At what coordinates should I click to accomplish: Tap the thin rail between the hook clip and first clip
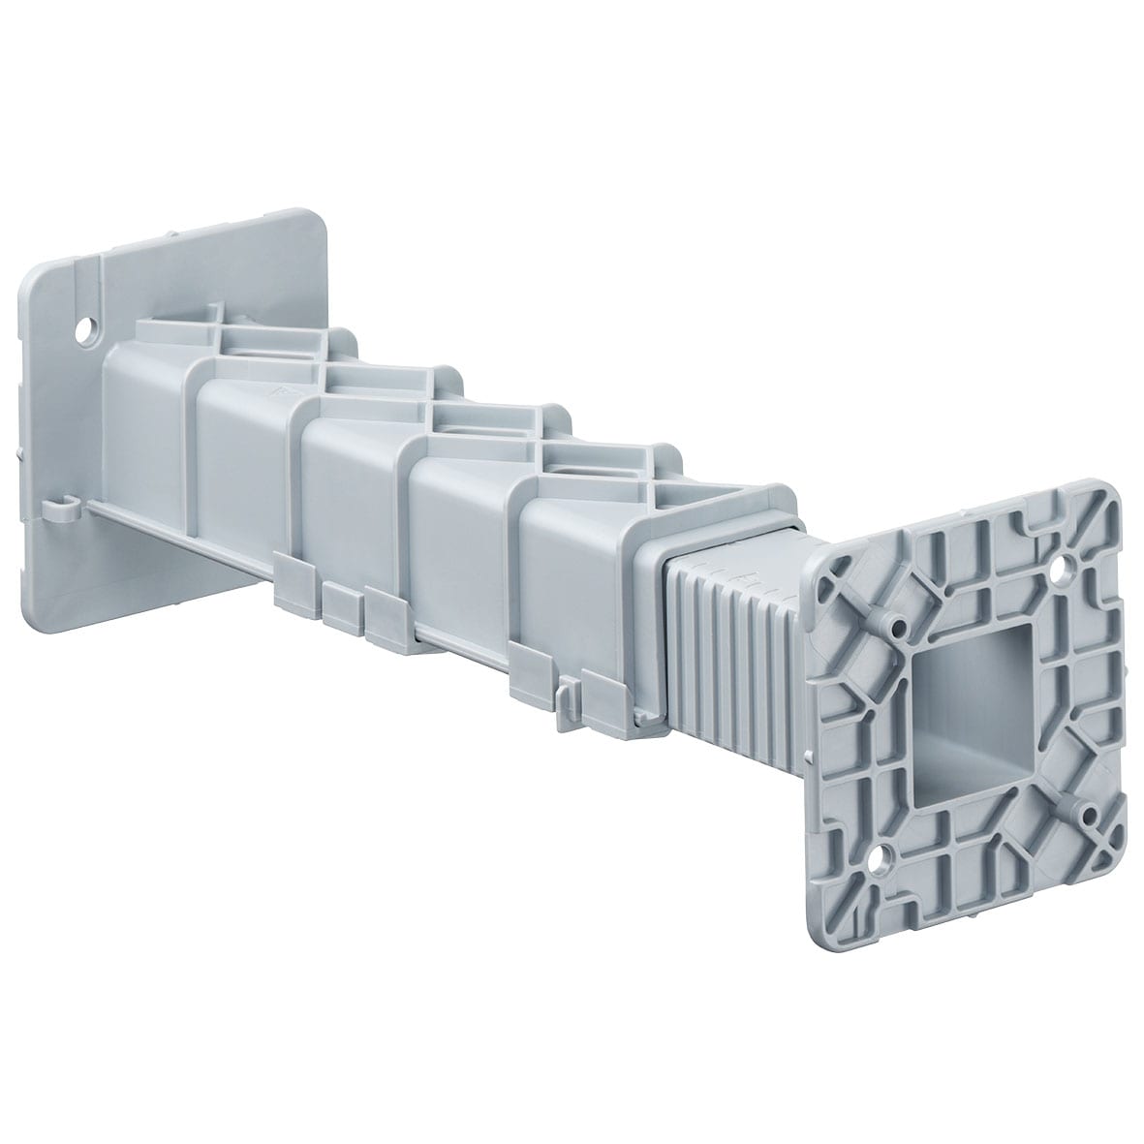[x=174, y=542]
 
